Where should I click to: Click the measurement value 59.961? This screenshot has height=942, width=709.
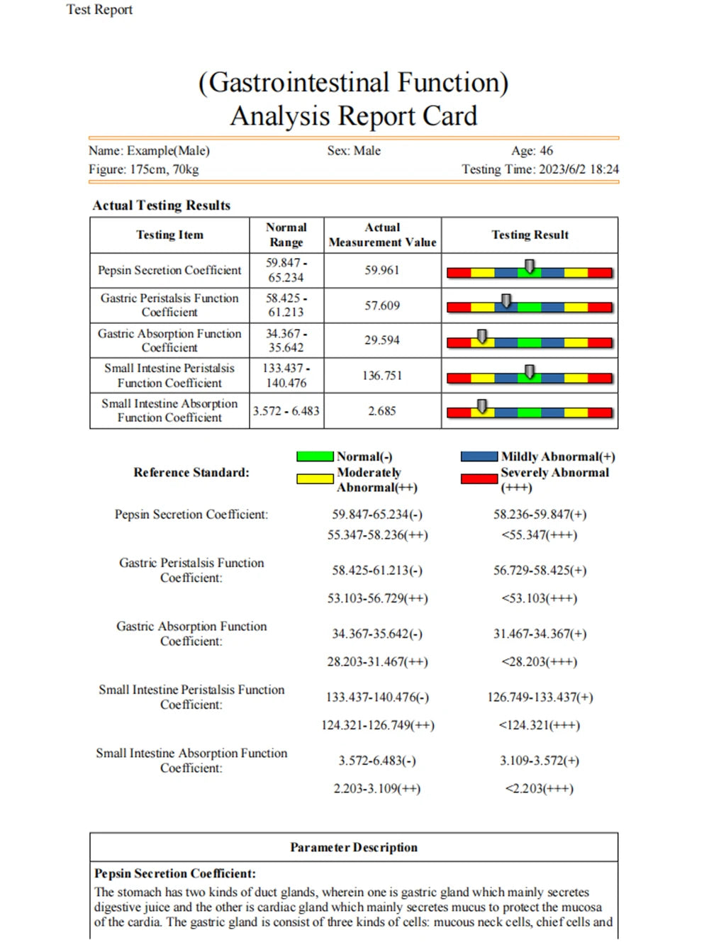(x=382, y=270)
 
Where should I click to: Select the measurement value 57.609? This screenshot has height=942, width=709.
(x=382, y=305)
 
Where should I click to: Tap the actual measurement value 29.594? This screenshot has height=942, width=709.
(x=382, y=340)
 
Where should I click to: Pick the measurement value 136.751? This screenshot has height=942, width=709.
(x=382, y=376)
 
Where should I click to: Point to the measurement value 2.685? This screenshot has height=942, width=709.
(x=382, y=411)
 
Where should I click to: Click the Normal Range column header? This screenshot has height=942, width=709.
(x=286, y=235)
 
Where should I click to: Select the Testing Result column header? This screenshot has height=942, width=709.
(x=530, y=235)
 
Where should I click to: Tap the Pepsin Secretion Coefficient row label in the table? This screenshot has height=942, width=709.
(x=169, y=270)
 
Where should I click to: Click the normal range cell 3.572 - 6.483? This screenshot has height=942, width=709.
(x=286, y=411)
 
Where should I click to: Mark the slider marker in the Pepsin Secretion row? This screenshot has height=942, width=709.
(x=530, y=267)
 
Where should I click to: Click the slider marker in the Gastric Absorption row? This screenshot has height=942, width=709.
(x=482, y=336)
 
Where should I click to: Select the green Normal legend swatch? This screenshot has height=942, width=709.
(x=315, y=456)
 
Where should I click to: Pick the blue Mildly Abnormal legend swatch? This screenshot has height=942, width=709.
(x=479, y=456)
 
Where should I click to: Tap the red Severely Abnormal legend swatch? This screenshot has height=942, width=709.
(x=479, y=478)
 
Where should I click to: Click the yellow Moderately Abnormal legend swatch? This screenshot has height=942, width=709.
(x=315, y=478)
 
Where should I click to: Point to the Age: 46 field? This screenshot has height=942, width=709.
(x=532, y=151)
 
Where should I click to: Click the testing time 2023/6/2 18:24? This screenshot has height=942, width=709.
(x=540, y=169)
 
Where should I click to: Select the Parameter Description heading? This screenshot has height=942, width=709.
(x=354, y=847)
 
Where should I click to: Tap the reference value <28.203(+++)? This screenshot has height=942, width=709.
(x=539, y=662)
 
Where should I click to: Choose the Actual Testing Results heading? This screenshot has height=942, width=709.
(x=162, y=206)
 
